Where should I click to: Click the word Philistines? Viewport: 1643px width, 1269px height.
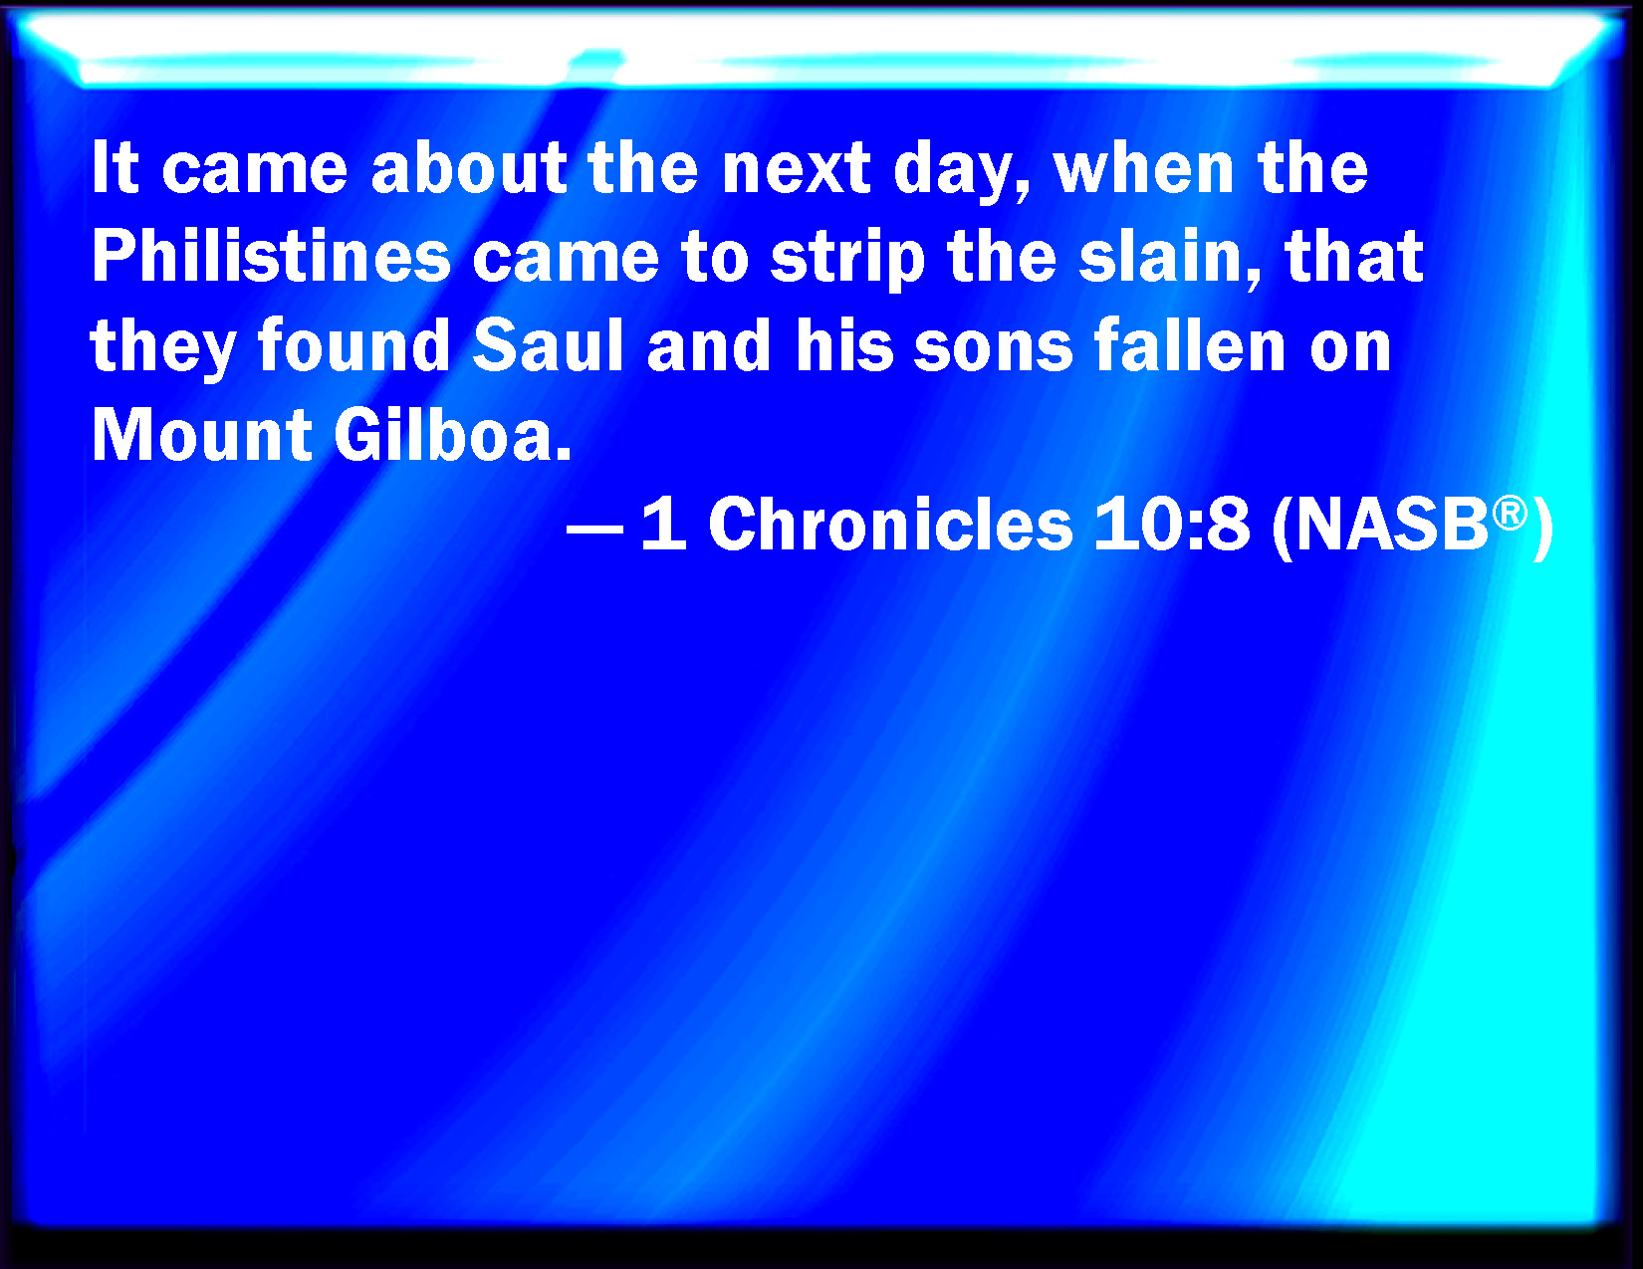272,256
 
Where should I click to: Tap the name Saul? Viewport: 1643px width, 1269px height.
549,345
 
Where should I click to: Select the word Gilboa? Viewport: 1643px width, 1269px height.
452,435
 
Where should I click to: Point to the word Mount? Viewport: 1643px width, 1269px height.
201,435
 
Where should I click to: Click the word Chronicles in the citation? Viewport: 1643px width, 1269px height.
890,525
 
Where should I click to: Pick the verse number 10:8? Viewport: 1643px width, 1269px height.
1171,525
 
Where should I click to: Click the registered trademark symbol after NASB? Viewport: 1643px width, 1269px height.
1510,514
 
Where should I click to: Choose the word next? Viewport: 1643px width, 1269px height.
797,168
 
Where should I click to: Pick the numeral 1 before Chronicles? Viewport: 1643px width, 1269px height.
664,524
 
